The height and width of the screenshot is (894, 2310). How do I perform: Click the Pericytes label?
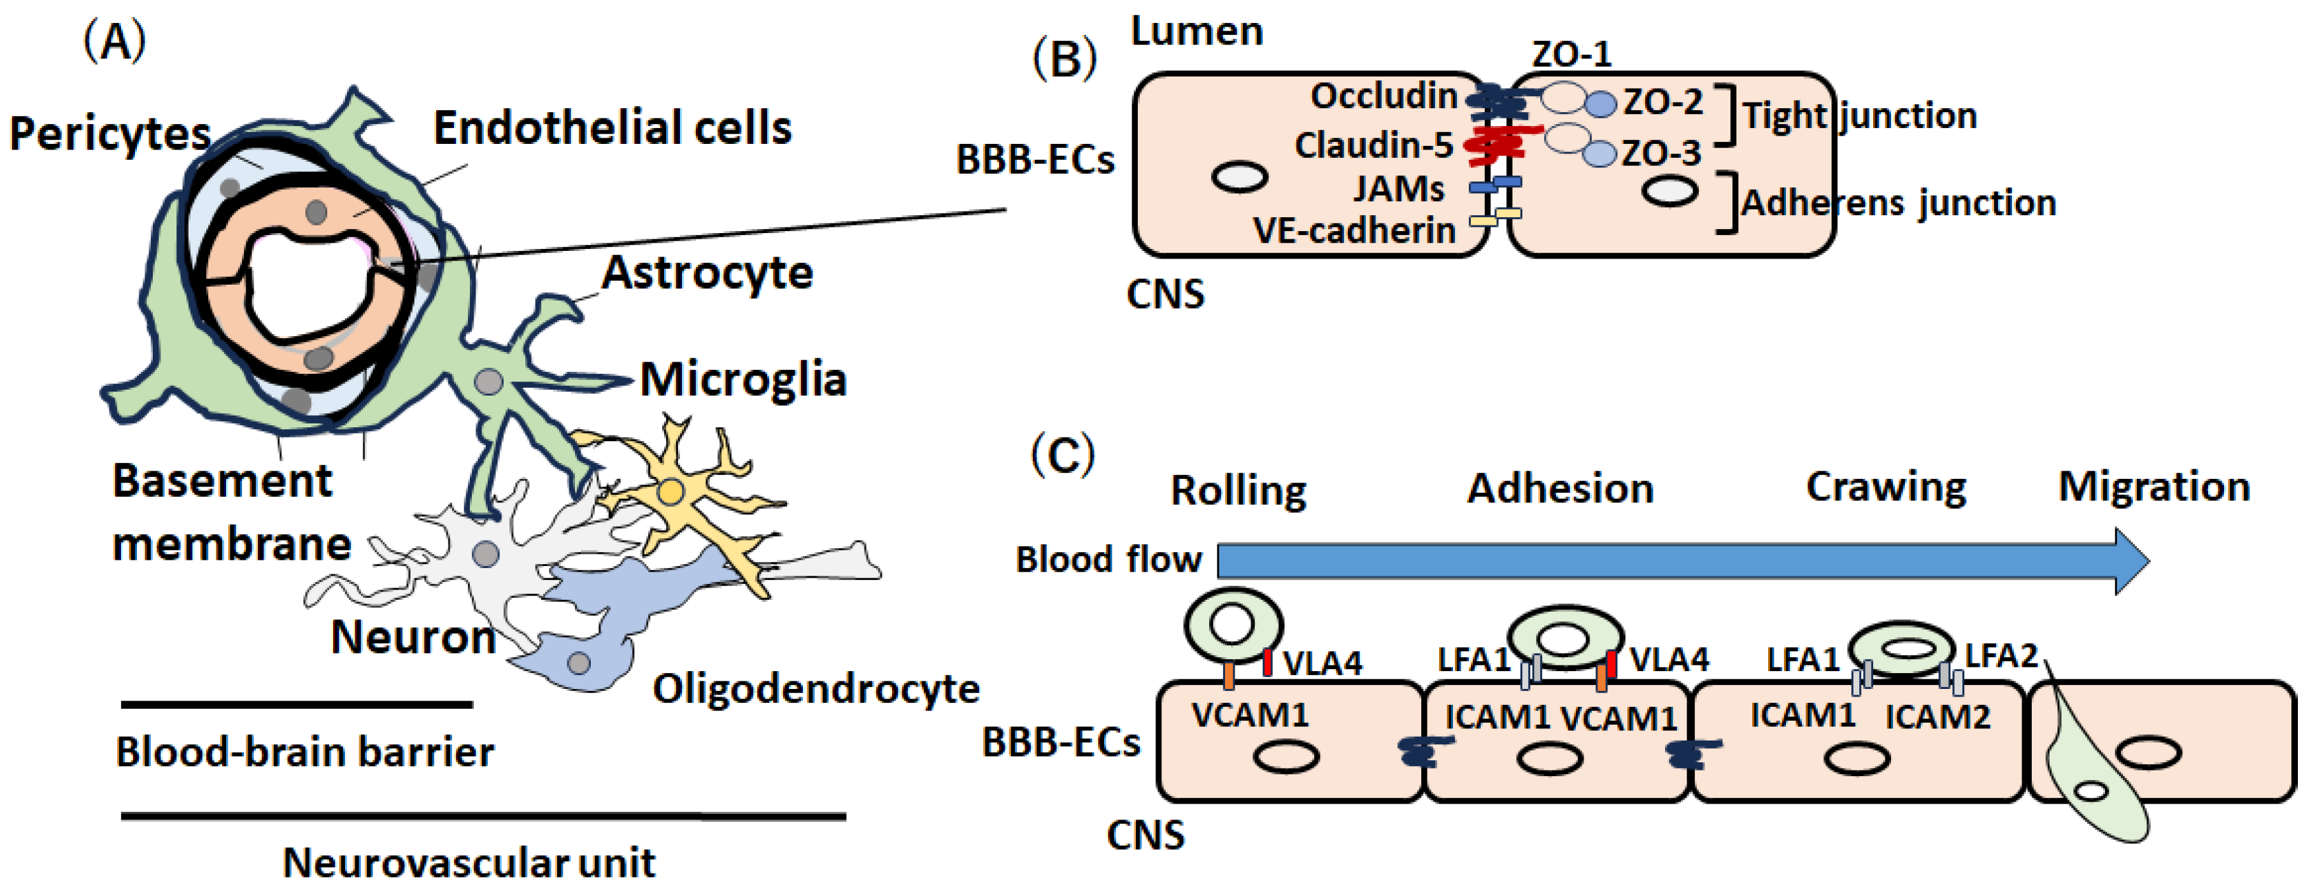(110, 134)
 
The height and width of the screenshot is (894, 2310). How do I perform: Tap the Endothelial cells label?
(613, 127)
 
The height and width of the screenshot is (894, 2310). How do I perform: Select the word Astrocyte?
(707, 273)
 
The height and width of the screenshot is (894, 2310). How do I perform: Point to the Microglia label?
(742, 380)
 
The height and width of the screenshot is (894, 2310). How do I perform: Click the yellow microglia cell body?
(670, 492)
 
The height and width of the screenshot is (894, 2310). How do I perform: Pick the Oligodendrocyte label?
(815, 689)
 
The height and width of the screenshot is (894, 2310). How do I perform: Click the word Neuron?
(413, 637)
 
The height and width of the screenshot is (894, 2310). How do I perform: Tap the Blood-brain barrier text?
(305, 751)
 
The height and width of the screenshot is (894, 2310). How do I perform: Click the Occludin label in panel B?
(1384, 96)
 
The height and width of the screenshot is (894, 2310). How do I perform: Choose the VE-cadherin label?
(1354, 231)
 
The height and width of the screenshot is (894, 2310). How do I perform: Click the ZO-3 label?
(1661, 153)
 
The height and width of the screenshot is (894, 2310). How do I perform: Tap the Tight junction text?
(1859, 116)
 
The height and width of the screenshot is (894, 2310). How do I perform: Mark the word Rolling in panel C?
(1238, 490)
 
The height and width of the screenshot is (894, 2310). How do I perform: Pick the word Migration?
(2154, 487)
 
